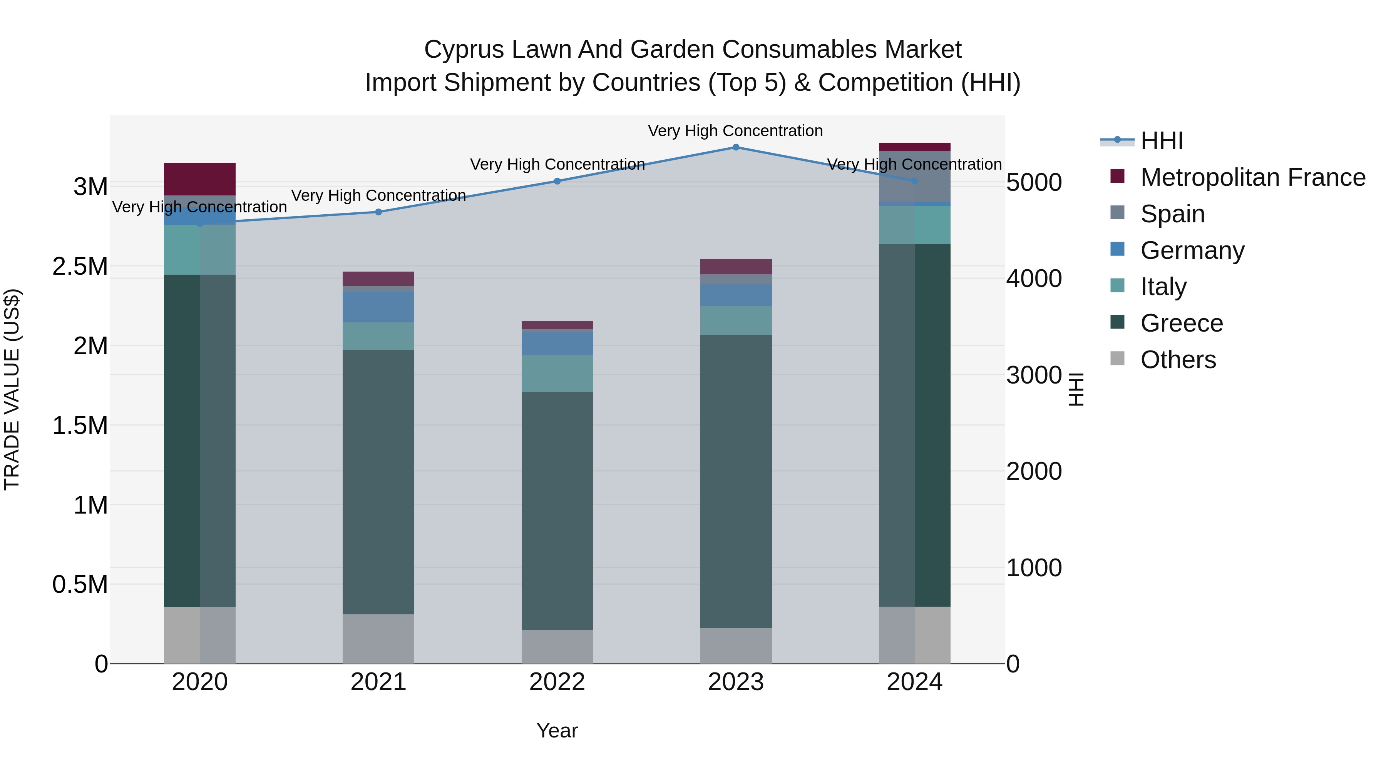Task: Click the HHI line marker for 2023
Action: (x=735, y=147)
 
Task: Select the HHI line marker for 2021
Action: (x=378, y=212)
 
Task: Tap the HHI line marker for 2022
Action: (x=557, y=181)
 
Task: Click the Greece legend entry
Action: (x=1182, y=323)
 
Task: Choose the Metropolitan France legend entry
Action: (x=1252, y=177)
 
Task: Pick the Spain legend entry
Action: (x=1172, y=214)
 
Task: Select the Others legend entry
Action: (x=1178, y=360)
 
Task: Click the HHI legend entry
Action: (x=1161, y=141)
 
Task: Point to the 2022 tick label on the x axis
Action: (x=557, y=682)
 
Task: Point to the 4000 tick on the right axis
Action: (x=1034, y=279)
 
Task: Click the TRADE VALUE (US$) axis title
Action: (x=12, y=389)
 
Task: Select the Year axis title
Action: (x=557, y=731)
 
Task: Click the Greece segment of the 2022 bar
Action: (x=557, y=511)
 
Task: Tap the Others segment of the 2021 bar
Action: (x=378, y=639)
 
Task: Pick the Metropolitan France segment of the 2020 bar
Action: (x=199, y=178)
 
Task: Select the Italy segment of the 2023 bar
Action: (x=735, y=320)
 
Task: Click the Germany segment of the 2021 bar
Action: (x=378, y=307)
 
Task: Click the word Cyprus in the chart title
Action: (x=463, y=50)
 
